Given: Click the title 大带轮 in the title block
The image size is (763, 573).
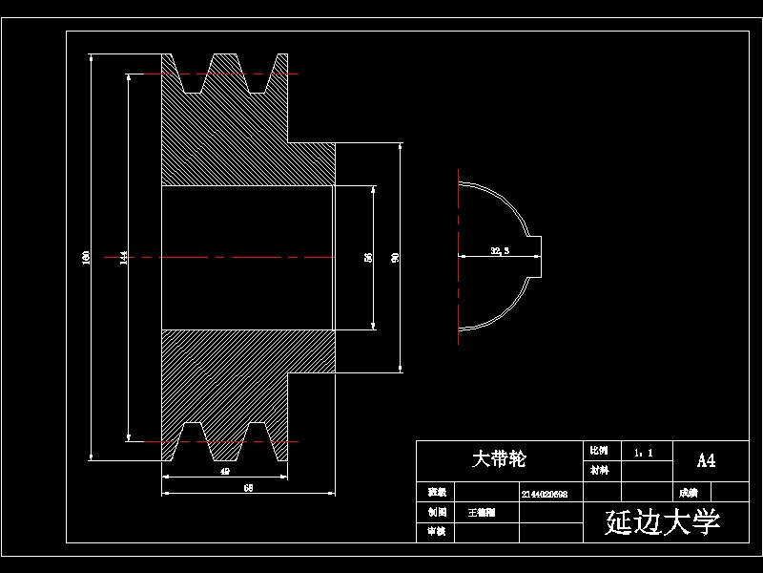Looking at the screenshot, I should (x=499, y=459).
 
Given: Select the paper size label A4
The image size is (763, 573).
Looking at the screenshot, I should (x=706, y=461).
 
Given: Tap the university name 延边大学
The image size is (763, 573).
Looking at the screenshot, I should (x=663, y=522).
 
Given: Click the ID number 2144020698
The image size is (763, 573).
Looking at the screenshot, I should (x=545, y=494).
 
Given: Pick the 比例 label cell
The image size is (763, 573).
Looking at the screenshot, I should (x=599, y=450).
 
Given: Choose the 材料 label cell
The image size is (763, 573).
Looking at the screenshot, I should (x=599, y=470).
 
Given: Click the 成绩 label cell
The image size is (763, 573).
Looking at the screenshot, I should (x=688, y=494).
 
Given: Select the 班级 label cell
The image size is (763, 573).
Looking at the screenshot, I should (x=437, y=493).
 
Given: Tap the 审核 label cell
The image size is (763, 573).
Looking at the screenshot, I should (x=437, y=531).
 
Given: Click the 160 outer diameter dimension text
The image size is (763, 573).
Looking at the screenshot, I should (x=86, y=257).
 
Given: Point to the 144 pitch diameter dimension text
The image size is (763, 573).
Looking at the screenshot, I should (x=123, y=257).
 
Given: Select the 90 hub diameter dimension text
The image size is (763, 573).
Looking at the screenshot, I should (x=395, y=257).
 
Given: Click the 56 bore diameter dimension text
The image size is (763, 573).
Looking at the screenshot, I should (x=368, y=257).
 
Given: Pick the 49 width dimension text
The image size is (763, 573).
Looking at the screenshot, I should (x=225, y=471).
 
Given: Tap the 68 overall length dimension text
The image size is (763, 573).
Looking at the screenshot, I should (x=248, y=488).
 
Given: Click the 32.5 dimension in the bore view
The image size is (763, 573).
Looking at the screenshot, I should (x=499, y=251).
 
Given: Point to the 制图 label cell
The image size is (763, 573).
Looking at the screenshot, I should (x=437, y=513).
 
